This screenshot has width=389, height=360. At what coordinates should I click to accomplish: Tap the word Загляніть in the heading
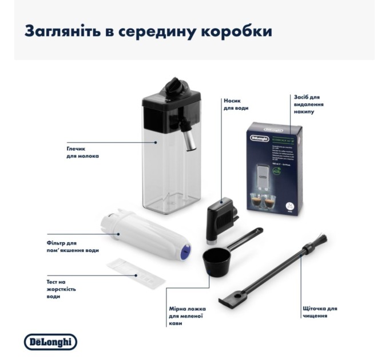pyautogui.click(x=57, y=31)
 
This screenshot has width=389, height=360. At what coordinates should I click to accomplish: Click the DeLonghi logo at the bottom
pyautogui.click(x=50, y=342)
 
